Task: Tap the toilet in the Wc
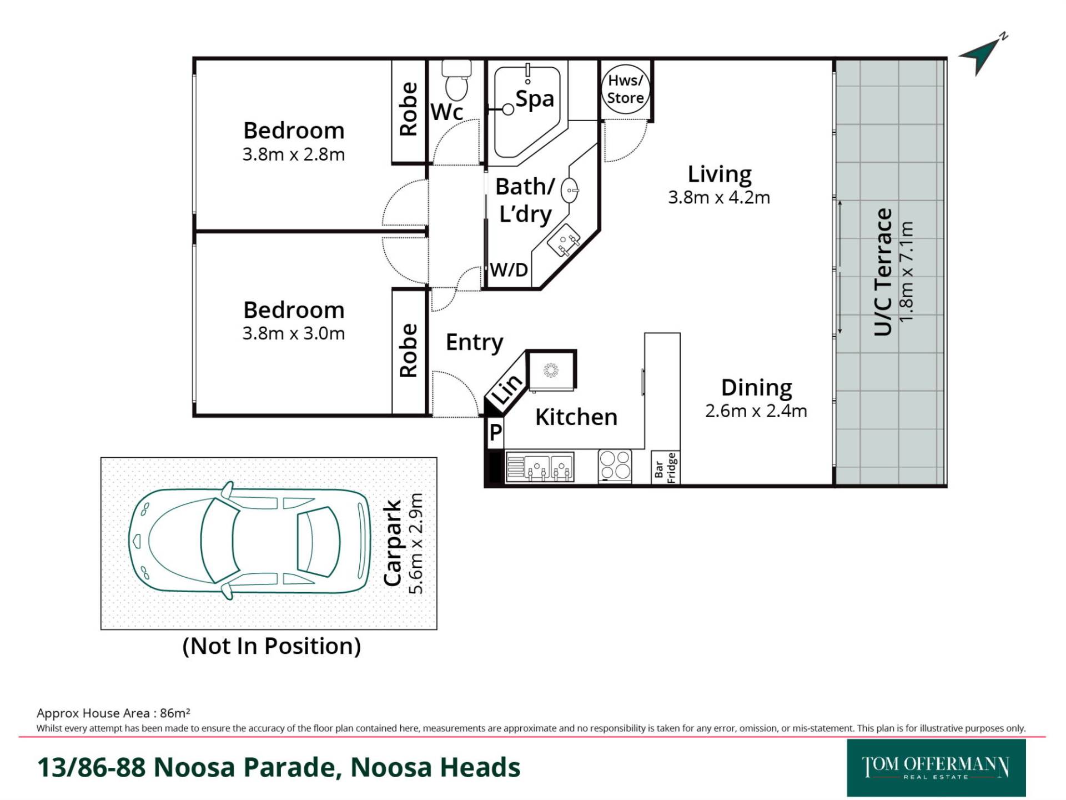[x=456, y=79]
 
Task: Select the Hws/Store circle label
[x=625, y=89]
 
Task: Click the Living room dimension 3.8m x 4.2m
[x=719, y=197]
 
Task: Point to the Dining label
[x=756, y=388]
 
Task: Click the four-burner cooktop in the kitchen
[x=615, y=465]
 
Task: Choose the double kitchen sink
[x=540, y=467]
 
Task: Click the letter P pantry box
[x=495, y=432]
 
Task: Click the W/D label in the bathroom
[x=509, y=270]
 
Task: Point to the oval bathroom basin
[x=570, y=191]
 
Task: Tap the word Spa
[x=535, y=99]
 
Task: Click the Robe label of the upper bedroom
[x=408, y=109]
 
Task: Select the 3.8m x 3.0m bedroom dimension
[x=294, y=333]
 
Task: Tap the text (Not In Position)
[x=271, y=646]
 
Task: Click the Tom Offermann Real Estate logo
[x=936, y=768]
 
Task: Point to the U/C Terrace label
[x=883, y=272]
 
